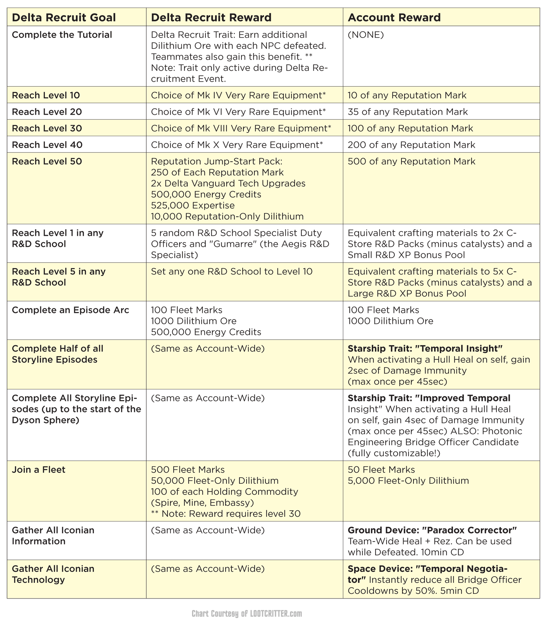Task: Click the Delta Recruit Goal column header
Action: pos(64,17)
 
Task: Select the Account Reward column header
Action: pos(394,17)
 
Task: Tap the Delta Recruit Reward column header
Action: pos(211,17)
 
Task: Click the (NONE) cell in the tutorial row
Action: pos(366,35)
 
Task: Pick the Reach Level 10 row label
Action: pos(46,95)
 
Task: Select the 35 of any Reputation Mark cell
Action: pos(407,112)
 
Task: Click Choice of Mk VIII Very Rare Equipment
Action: pos(241,128)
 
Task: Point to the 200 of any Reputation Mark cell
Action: pos(411,145)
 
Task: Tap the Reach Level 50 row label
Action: pos(47,161)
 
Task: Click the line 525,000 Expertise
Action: pos(193,205)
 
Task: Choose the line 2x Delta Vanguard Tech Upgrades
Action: pos(228,183)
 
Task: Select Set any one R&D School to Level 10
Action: pos(231,271)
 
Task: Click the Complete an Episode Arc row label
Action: pos(70,310)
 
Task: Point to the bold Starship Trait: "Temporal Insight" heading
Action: pos(425,348)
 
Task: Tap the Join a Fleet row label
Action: pos(39,469)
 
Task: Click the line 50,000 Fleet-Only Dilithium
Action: pos(215,480)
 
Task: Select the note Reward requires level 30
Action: pos(226,514)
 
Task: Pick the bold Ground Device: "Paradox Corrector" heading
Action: pos(432,530)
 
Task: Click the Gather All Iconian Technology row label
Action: pos(53,574)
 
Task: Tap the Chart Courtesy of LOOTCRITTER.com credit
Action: pos(247,614)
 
